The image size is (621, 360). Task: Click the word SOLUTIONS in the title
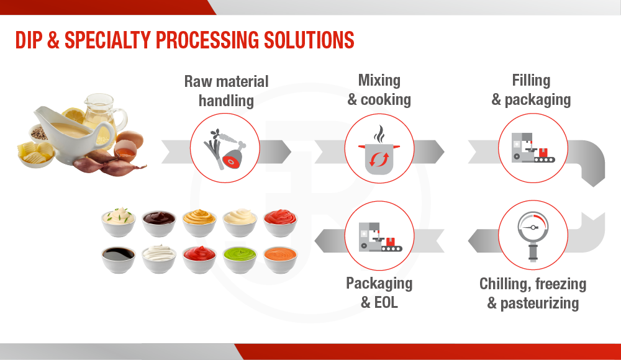coord(309,40)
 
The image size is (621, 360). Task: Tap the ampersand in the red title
coord(53,40)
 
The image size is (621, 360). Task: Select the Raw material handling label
coord(226,91)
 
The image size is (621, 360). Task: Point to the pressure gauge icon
coord(533,236)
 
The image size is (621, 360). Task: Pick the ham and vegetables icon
coord(225,150)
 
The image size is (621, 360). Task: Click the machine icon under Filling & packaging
coord(533,148)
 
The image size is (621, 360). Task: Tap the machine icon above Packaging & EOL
coord(380,237)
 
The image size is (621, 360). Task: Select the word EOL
coord(386,302)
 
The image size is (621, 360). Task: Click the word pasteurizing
coord(540,304)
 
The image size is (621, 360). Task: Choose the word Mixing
coord(379,81)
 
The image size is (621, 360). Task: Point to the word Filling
coord(531,81)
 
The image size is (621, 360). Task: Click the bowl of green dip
coord(240,259)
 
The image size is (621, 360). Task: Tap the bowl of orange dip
coord(281,259)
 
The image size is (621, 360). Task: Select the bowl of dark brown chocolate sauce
coord(159,223)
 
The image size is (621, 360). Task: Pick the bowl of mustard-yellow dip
coord(199,223)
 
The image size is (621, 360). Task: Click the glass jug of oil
coord(104,115)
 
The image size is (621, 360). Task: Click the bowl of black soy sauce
coord(119,259)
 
